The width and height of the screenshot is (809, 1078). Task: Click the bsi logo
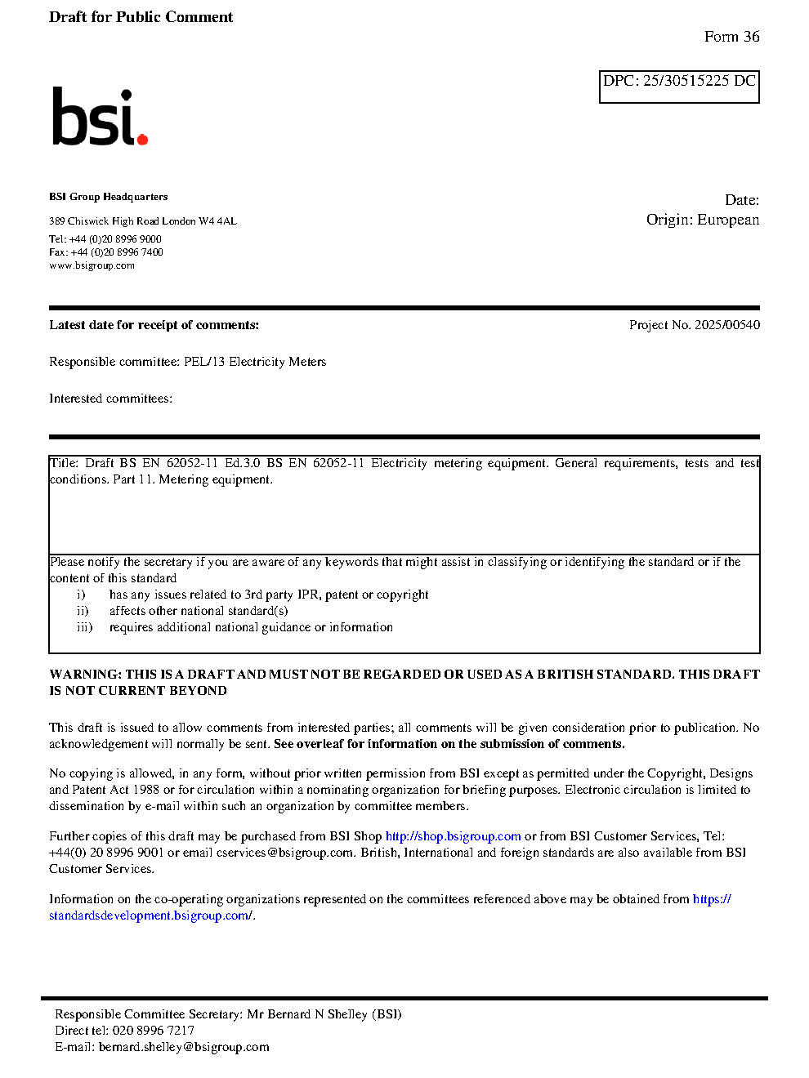coord(99,117)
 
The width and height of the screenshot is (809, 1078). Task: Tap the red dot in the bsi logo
coord(142,139)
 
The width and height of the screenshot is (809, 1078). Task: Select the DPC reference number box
coord(679,87)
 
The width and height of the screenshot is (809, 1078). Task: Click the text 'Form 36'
coord(731,37)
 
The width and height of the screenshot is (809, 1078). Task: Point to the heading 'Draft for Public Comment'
coord(141,17)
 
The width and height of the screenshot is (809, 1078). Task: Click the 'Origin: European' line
coord(702,220)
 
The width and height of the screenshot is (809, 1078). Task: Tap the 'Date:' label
coord(741,200)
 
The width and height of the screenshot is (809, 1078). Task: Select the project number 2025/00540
coord(726,325)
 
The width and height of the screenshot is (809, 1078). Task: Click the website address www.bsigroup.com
coord(92,265)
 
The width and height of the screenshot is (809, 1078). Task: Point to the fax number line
coord(106,252)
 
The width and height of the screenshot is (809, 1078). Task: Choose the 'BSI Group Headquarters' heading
coord(108,197)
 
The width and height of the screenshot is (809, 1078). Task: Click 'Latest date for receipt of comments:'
coord(154,325)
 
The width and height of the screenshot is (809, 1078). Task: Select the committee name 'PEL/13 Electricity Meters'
coord(254,362)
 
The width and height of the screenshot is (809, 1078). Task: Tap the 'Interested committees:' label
coord(110,399)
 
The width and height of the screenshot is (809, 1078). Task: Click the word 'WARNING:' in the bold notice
coord(85,675)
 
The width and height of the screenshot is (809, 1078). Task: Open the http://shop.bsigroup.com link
coord(453,836)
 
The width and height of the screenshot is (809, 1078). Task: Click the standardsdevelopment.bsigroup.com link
coord(150,915)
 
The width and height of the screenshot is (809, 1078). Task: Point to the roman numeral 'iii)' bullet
coord(84,627)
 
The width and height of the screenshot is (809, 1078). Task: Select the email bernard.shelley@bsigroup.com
coord(184,1047)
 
